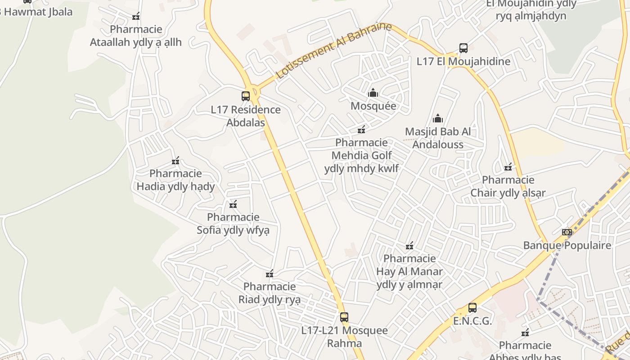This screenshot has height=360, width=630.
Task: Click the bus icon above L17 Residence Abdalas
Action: pos(245,96)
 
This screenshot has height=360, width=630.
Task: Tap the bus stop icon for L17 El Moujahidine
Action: pos(463,48)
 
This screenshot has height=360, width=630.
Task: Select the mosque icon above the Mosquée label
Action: pos(373,93)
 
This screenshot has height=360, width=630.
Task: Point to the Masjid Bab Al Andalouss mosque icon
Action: pos(437,119)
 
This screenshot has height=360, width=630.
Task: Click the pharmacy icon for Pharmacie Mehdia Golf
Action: pos(361,130)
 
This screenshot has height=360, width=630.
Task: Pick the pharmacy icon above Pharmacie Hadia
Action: pos(175,161)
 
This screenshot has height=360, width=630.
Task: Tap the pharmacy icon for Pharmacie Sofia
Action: pos(233,205)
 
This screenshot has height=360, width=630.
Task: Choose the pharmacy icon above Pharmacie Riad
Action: pos(270,274)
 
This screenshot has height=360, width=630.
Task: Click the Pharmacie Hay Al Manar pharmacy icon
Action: pos(409,246)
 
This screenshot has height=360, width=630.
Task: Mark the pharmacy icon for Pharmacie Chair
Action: pos(508,167)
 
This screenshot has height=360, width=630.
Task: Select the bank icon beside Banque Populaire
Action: pos(567,232)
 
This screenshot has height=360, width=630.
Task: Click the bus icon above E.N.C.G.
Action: pos(472,308)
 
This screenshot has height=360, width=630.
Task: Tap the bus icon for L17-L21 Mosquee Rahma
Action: pos(344,317)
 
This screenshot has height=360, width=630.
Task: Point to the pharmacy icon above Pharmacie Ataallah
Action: pos(136,17)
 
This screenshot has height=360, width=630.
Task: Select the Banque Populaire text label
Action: pos(567,245)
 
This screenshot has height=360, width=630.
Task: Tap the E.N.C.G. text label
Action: pos(472,321)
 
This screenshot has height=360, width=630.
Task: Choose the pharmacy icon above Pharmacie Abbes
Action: pos(525,333)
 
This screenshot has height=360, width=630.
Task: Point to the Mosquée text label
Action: pos(373,106)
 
